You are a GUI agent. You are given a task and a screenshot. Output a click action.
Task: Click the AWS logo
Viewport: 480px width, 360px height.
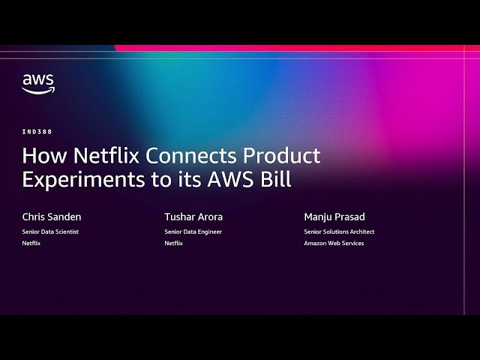pyautogui.click(x=37, y=83)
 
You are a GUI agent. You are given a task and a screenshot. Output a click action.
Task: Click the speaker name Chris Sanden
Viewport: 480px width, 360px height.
pyautogui.click(x=52, y=217)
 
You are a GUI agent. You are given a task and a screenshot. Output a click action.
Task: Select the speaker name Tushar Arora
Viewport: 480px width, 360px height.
pyautogui.click(x=193, y=217)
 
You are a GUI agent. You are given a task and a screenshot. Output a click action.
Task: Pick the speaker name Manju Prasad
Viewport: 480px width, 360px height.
pyautogui.click(x=334, y=217)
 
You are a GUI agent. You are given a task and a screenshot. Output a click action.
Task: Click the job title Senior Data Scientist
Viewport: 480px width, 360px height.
pyautogui.click(x=50, y=232)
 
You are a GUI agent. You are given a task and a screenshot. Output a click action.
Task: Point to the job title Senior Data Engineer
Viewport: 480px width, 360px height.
pyautogui.click(x=193, y=232)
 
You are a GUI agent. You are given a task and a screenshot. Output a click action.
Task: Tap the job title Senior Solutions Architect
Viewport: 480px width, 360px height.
pyautogui.click(x=339, y=232)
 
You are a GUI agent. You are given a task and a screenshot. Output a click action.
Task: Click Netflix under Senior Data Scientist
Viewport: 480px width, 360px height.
pyautogui.click(x=31, y=243)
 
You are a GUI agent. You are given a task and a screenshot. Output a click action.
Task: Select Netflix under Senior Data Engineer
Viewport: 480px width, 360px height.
pyautogui.click(x=173, y=243)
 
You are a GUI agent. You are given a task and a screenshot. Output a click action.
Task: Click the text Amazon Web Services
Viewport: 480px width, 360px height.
pyautogui.click(x=334, y=243)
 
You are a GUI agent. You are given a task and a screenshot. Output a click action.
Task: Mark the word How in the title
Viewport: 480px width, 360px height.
pyautogui.click(x=38, y=156)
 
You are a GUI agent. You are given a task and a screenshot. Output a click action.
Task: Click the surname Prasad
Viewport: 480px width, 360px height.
pyautogui.click(x=349, y=217)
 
